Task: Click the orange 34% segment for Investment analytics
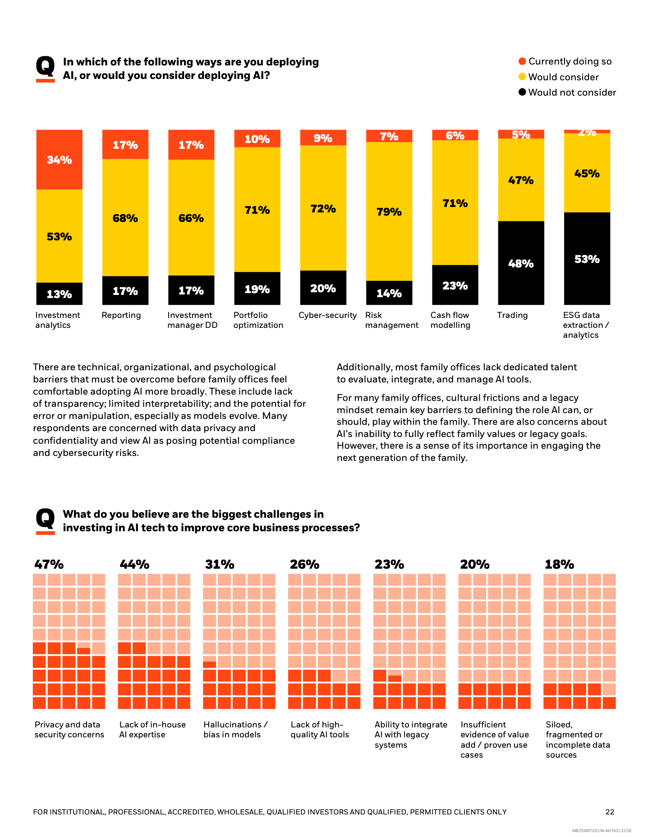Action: point(59,160)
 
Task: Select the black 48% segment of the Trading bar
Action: point(521,263)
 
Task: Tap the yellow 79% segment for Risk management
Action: point(389,211)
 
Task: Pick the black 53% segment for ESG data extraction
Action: point(587,258)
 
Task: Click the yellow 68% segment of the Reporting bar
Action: point(125,218)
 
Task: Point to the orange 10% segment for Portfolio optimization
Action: point(257,138)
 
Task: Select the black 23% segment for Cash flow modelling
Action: point(455,285)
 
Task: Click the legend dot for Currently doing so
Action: point(522,61)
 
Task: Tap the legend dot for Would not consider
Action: point(522,92)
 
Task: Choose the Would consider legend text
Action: point(563,77)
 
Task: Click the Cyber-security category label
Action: point(327,315)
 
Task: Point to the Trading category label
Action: point(512,315)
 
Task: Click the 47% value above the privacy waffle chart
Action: point(49,564)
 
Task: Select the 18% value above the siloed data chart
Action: point(559,564)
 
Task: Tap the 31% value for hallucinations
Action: point(220,564)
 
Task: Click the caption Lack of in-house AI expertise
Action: point(152,729)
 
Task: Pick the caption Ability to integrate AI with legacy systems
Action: point(410,734)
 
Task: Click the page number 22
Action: point(610,812)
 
